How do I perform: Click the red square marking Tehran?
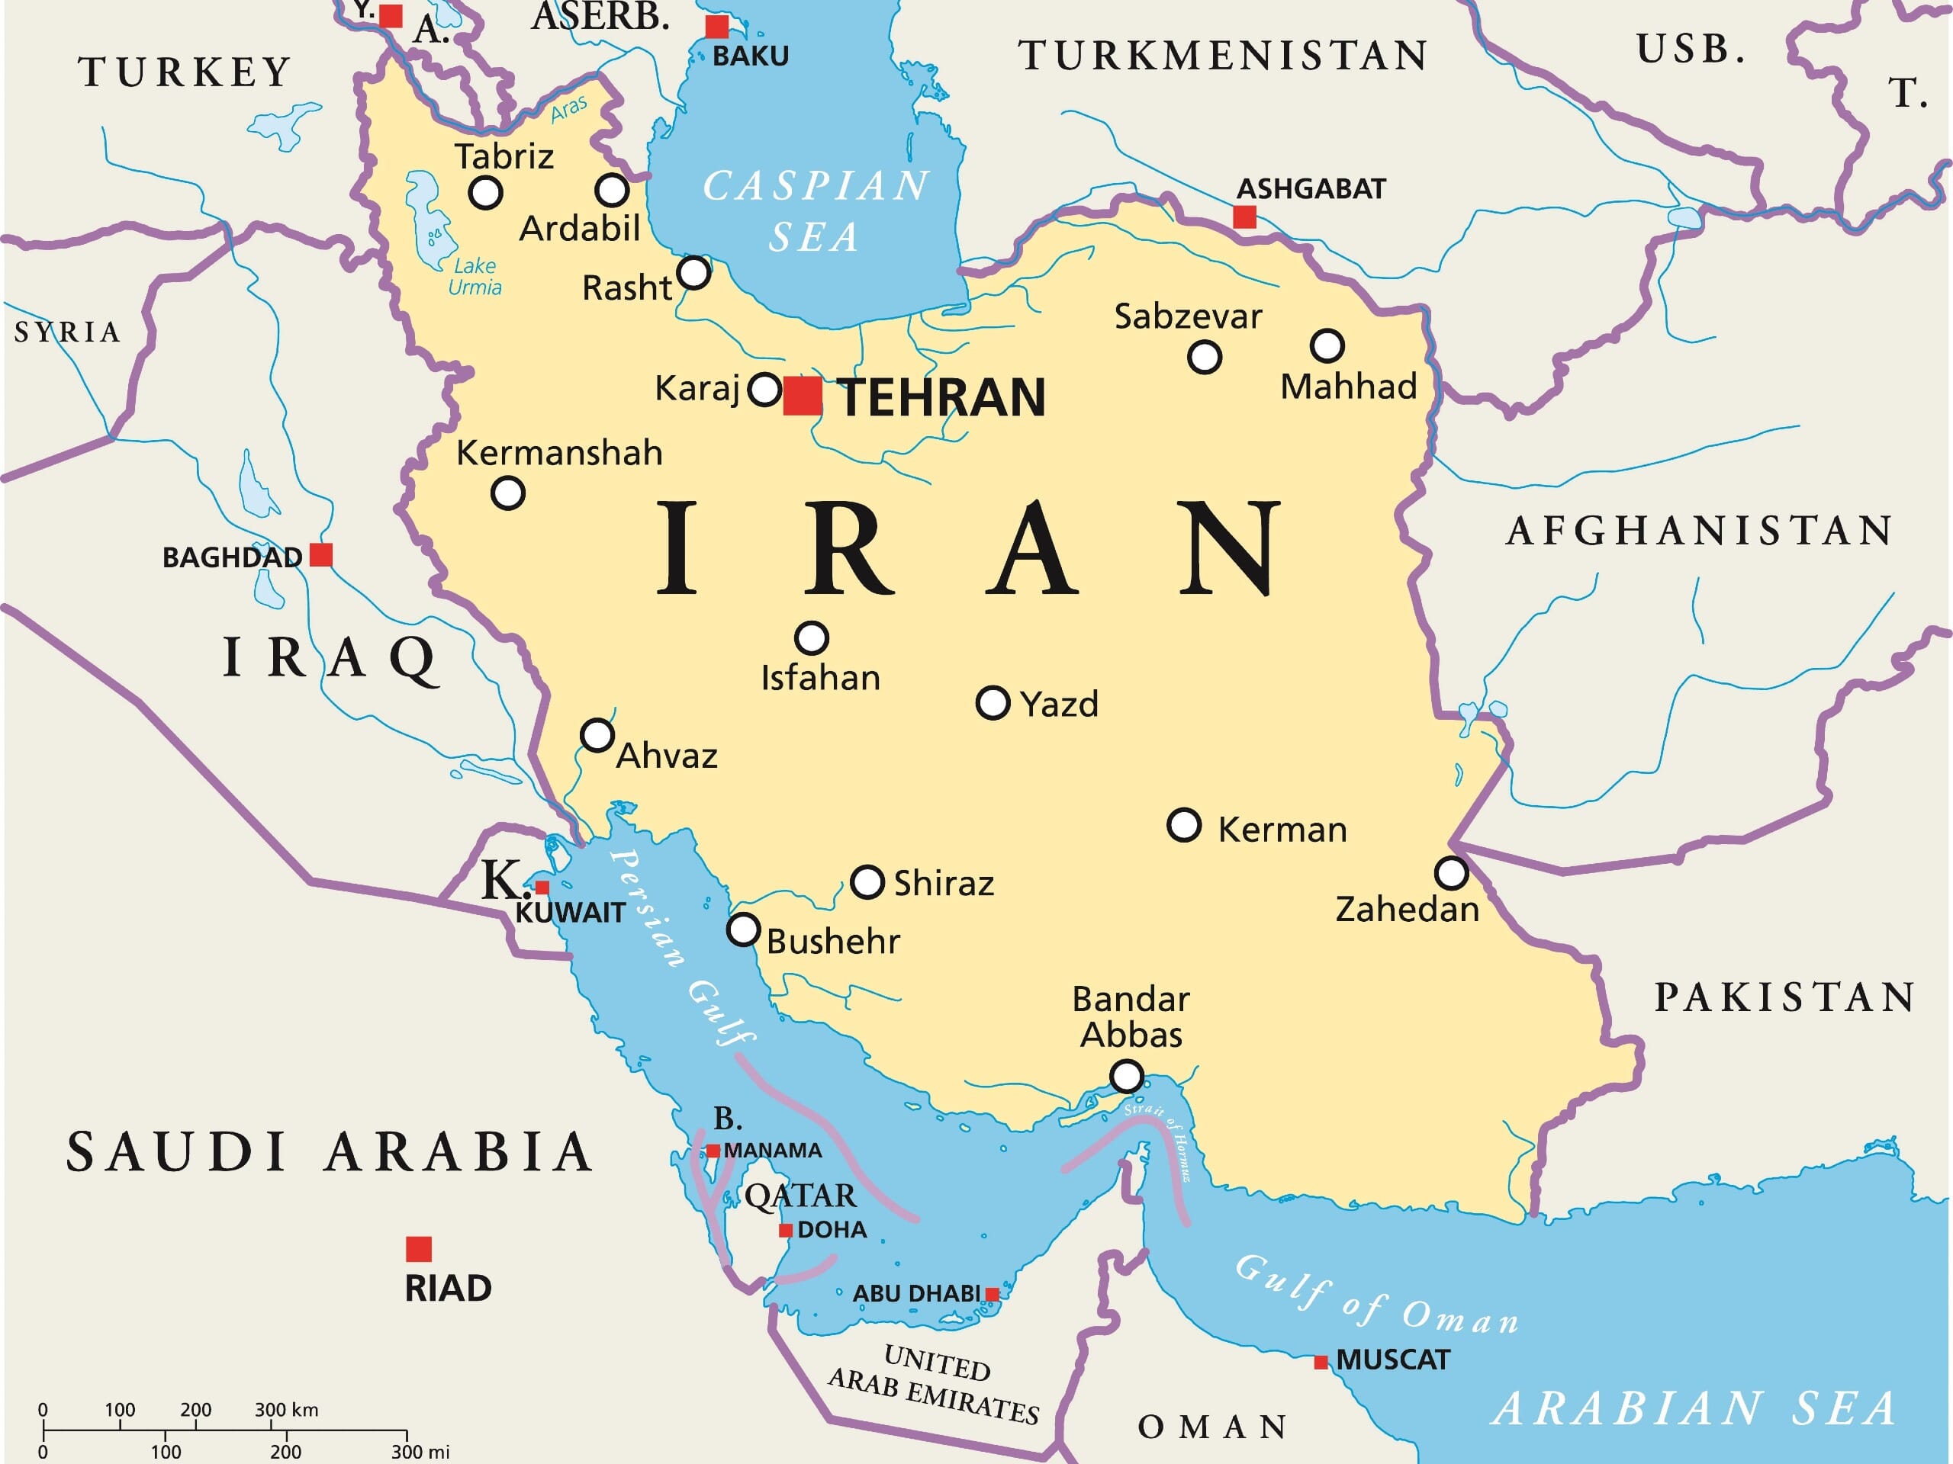(802, 394)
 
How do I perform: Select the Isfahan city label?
(820, 678)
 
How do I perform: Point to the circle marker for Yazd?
(993, 703)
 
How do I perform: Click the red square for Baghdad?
(321, 555)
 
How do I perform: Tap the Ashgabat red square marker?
(1244, 217)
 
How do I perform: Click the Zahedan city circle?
(1450, 873)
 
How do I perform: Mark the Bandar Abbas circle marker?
(1126, 1077)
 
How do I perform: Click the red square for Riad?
(419, 1249)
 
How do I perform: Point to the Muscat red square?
(1321, 1362)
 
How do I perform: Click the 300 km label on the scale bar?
(286, 1409)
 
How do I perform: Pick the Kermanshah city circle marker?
(507, 493)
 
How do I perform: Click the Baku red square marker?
(717, 27)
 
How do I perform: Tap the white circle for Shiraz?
(867, 881)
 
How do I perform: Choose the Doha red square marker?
(785, 1230)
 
